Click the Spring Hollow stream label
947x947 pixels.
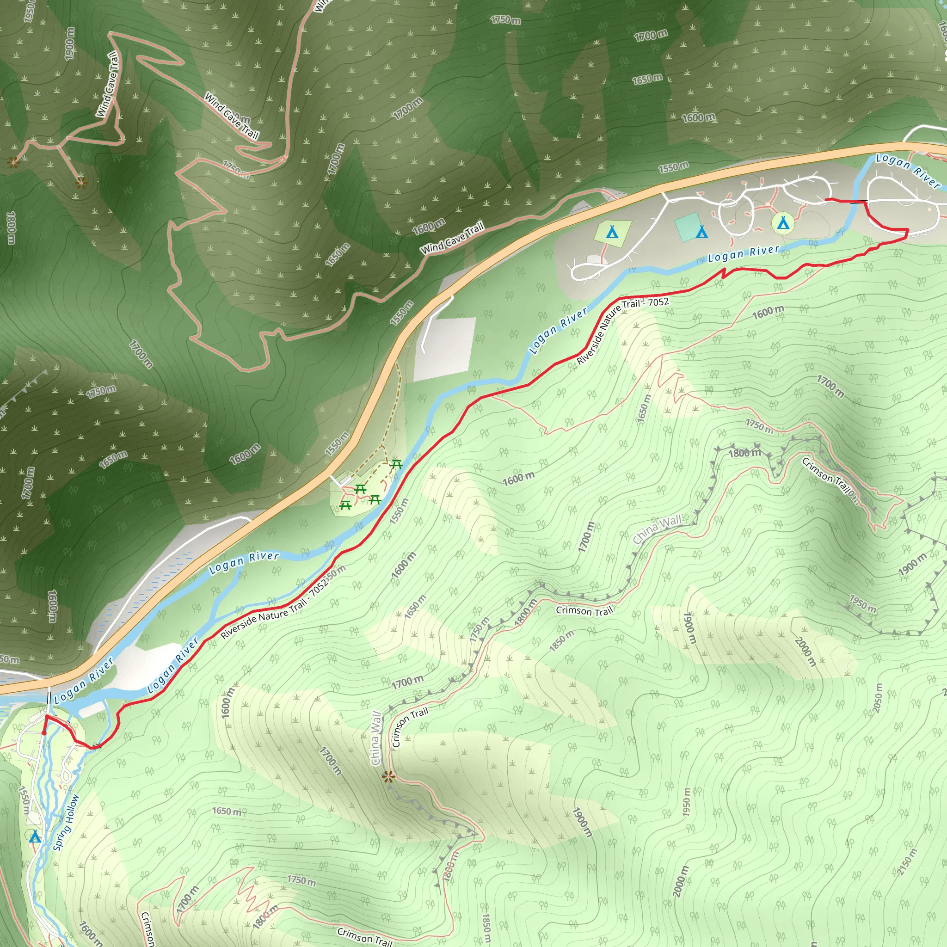click(x=66, y=823)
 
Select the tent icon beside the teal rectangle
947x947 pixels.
click(x=702, y=231)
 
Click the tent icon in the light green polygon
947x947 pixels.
click(x=612, y=231)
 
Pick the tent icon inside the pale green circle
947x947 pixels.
click(x=783, y=223)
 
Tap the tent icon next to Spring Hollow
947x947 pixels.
click(x=35, y=836)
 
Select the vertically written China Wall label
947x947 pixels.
click(x=376, y=738)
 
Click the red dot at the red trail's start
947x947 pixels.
click(x=44, y=733)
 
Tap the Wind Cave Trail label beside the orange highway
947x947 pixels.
click(x=452, y=238)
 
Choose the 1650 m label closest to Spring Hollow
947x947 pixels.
click(x=227, y=811)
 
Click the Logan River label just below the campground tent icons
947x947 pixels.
click(x=744, y=253)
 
